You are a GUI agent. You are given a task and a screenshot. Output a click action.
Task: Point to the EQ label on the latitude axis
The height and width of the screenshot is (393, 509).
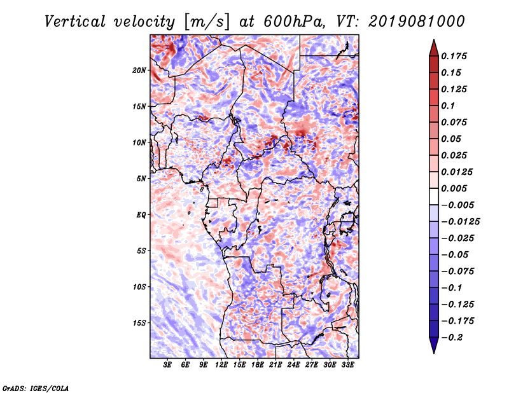pos(141,215)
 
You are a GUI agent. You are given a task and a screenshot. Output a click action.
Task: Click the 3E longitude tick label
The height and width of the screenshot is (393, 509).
pos(168,365)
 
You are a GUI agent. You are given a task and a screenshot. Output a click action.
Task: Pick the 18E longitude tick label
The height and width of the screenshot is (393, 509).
pos(258,365)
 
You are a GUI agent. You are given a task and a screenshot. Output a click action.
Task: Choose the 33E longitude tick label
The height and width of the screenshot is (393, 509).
pos(347,365)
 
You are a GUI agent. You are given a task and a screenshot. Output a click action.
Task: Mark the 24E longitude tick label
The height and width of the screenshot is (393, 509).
pos(294,365)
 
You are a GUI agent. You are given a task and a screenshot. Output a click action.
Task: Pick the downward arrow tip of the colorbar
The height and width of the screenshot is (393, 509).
pos(433,352)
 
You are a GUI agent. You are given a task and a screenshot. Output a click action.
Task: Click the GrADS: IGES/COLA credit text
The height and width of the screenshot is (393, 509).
pos(36,387)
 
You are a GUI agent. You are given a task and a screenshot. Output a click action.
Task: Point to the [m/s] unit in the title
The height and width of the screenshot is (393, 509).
pos(202,22)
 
